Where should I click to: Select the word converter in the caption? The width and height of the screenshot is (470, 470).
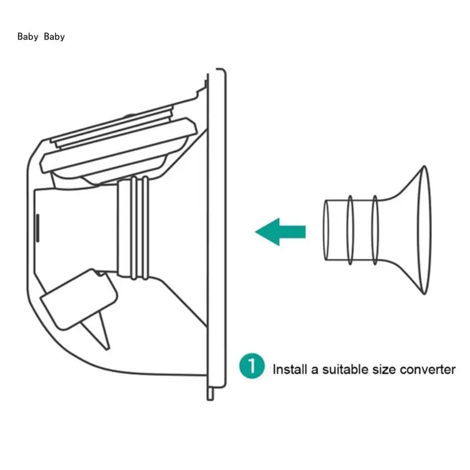point(428,369)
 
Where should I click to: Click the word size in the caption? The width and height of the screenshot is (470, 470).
point(384,369)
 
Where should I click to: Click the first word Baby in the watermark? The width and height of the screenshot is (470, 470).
point(28,36)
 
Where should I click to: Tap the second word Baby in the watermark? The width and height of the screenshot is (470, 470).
point(55,36)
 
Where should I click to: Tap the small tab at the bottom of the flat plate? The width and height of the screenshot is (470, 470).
point(210,392)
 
